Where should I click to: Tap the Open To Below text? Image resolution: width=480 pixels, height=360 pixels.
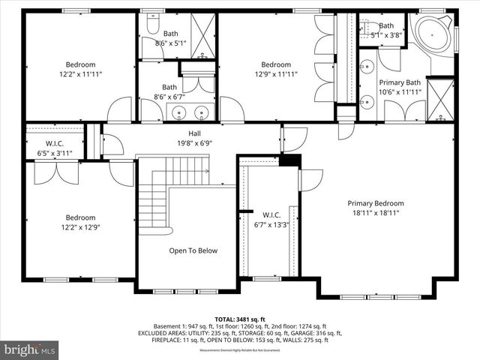coord(193,251)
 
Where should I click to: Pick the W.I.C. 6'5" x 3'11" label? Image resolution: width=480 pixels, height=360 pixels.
coord(54,148)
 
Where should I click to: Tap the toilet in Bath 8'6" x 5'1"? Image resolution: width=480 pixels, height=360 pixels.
coord(151,28)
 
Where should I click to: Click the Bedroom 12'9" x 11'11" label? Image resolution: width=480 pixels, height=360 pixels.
coord(275,70)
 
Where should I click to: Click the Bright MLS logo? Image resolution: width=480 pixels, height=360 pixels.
coord(30,349)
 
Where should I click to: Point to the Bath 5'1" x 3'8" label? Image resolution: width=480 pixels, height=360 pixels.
coord(385,30)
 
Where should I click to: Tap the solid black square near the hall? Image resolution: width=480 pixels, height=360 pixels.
coord(289,160)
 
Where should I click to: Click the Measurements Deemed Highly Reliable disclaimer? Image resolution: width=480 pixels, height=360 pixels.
coord(238,349)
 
